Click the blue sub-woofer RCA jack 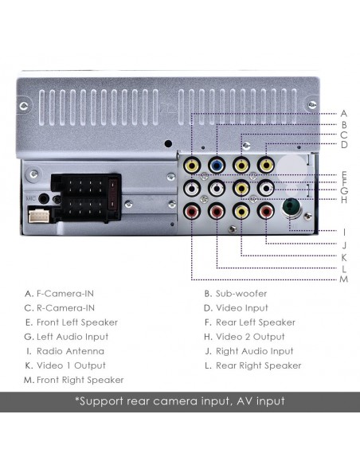216,166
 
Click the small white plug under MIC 37,215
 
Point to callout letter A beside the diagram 344,113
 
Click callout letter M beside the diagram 344,279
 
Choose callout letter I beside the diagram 344,232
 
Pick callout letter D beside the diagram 344,145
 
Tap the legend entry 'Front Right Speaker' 80,380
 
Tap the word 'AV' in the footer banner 237,401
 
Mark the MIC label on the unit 31,197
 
